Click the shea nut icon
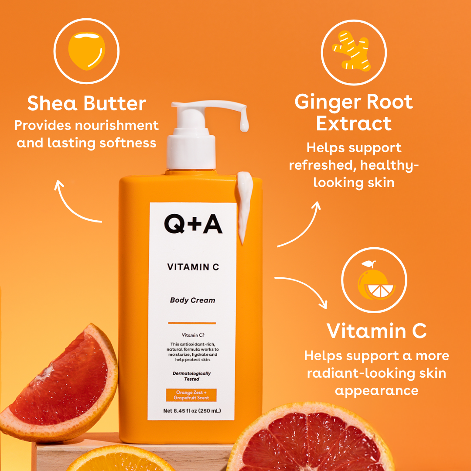pyautogui.click(x=86, y=51)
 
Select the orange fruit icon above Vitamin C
pyautogui.click(x=375, y=280)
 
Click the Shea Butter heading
pyautogui.click(x=86, y=103)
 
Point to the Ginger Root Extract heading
pyautogui.click(x=354, y=113)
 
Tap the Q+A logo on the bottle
pyautogui.click(x=193, y=224)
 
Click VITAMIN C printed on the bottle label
pyautogui.click(x=193, y=267)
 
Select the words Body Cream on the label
pyautogui.click(x=193, y=300)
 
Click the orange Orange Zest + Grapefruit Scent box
pyautogui.click(x=191, y=395)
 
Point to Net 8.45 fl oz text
pyautogui.click(x=192, y=411)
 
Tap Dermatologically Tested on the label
pyautogui.click(x=191, y=376)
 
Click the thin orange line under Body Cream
pyautogui.click(x=192, y=323)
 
